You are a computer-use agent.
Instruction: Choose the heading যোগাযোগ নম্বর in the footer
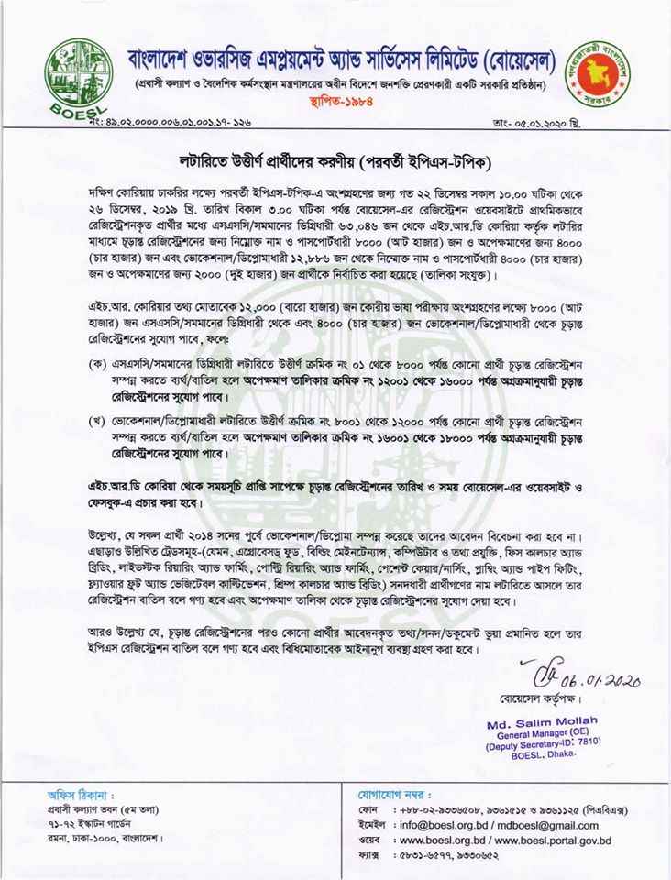(395, 794)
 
